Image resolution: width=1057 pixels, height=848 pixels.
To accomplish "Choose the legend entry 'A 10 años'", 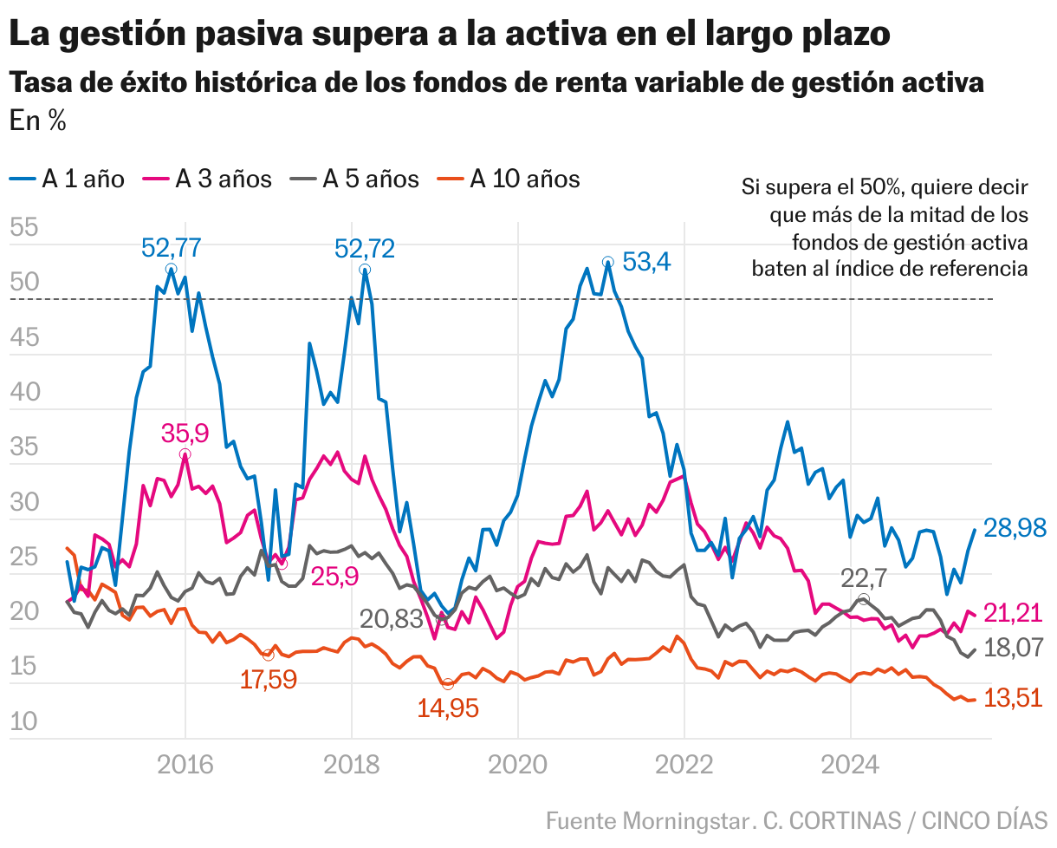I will (511, 179).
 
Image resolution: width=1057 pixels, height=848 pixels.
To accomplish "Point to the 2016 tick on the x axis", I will (185, 766).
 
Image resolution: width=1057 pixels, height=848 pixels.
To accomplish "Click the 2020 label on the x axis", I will (517, 766).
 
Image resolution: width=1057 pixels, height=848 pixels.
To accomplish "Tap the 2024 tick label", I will (850, 766).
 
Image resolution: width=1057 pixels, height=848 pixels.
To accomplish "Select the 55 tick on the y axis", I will (23, 229).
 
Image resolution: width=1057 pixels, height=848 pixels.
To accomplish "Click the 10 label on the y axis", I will (23, 721).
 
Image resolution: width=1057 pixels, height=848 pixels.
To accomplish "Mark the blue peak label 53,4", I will (647, 261).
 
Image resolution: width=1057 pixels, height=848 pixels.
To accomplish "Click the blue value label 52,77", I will (172, 249).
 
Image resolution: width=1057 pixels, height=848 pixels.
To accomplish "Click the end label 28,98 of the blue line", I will (1015, 527).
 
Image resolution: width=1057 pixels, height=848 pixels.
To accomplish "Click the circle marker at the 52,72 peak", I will (365, 270).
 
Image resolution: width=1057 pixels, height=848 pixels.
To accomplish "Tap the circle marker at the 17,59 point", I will (268, 655).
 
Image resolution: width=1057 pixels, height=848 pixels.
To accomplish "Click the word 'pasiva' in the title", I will (232, 34).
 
